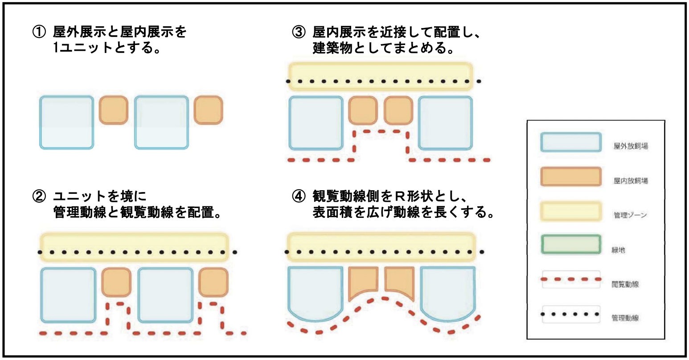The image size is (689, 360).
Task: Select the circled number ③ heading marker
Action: click(299, 32)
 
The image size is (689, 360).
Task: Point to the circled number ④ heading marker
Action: click(299, 196)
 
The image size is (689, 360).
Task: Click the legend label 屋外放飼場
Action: click(630, 146)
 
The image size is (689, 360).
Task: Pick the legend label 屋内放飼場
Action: click(630, 181)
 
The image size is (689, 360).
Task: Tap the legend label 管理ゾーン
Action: click(630, 215)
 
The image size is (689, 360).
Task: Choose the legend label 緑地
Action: click(618, 250)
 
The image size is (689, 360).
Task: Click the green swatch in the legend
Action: click(570, 245)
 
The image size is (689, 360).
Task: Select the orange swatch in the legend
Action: click(570, 176)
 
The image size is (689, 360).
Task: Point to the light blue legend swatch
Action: click(570, 142)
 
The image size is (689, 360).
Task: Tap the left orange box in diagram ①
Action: click(113, 110)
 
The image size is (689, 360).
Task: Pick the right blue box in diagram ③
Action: click(445, 123)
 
